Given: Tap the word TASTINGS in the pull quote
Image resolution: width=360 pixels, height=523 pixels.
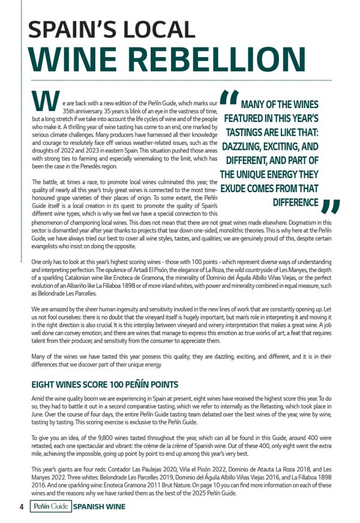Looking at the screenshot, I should tap(251, 132).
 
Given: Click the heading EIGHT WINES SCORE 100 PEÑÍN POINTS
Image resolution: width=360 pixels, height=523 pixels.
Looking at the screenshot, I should tap(104, 384).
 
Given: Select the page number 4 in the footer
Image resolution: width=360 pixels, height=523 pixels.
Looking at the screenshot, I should tap(22, 506).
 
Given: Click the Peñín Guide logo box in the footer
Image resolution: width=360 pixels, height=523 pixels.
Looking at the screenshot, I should tap(50, 506).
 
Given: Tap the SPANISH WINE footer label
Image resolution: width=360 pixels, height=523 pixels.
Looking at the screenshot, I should tap(100, 506).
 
